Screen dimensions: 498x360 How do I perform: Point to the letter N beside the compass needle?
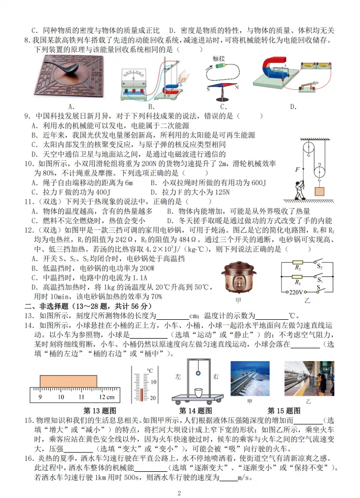tap(236, 87)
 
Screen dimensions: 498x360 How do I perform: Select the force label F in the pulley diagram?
tap(297, 170)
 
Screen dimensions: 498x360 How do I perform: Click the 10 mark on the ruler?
tap(61, 397)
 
